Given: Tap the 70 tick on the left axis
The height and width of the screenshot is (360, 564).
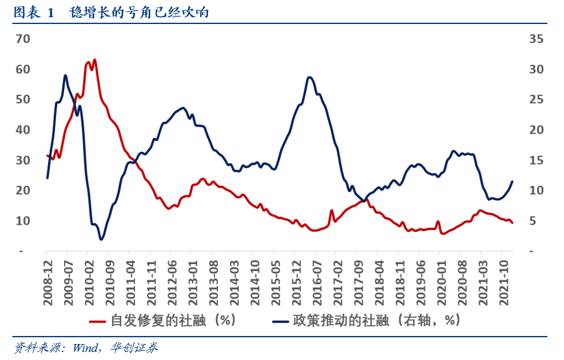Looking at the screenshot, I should [23, 39].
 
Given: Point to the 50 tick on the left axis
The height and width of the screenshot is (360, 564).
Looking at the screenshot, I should [23, 100].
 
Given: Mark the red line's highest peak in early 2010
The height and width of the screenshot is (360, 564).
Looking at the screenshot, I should [94, 60].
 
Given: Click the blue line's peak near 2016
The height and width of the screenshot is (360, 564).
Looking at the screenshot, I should [310, 77].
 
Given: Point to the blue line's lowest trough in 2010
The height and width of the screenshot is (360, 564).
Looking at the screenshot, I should [101, 239].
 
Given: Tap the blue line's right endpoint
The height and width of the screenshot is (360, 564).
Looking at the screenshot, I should [512, 181].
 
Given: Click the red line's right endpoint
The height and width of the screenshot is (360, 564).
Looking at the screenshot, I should [512, 222].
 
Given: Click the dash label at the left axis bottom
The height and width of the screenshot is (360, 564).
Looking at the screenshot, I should [22, 252].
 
